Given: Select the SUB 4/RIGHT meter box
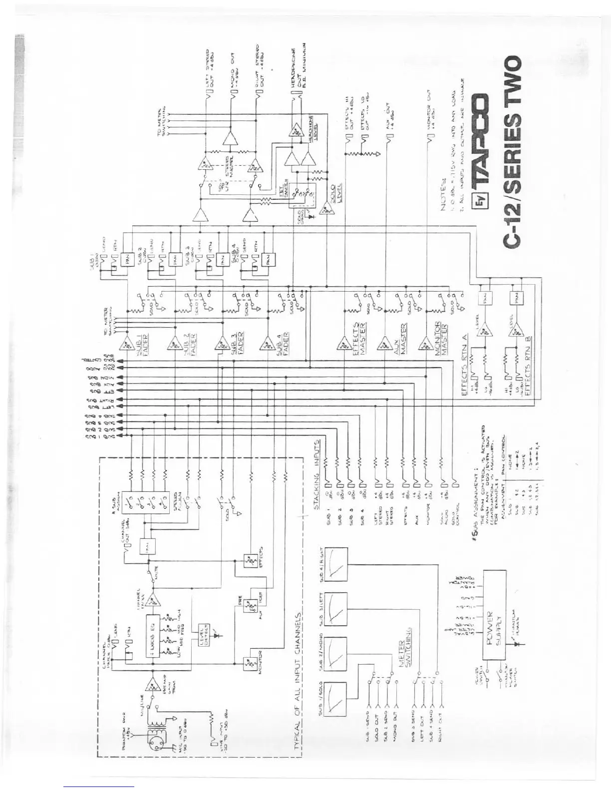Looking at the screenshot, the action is [x=335, y=564].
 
